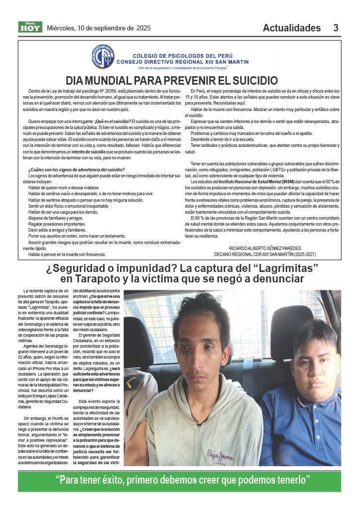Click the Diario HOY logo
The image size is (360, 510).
pos(30,27)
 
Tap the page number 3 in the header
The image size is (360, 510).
pos(336,28)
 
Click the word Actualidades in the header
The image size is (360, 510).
pos(292,28)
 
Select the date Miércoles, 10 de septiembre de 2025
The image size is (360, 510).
pos(99,28)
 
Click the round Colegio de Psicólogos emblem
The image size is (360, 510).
pos(103,57)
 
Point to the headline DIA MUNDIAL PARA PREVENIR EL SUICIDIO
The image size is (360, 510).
pos(172,80)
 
